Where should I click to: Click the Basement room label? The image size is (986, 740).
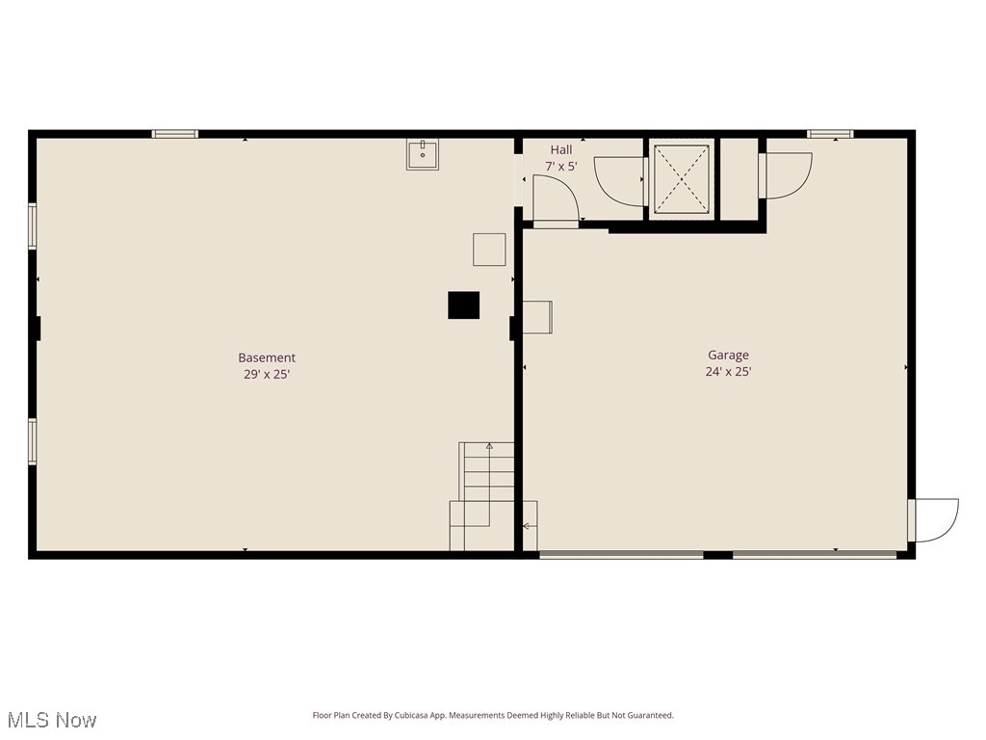click(267, 357)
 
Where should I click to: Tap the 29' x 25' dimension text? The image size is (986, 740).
click(267, 374)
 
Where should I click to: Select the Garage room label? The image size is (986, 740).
click(728, 355)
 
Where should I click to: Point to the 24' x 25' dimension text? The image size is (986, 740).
click(728, 371)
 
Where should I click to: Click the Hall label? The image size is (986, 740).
click(561, 149)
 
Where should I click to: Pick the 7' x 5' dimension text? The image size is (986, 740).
click(561, 166)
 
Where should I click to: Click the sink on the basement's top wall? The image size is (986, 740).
click(422, 154)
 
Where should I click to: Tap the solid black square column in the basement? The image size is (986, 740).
click(463, 304)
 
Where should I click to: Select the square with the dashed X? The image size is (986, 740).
click(682, 179)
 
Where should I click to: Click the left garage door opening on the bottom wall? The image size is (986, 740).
click(621, 554)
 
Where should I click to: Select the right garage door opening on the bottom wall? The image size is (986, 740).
click(815, 554)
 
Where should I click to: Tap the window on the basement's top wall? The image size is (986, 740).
click(175, 134)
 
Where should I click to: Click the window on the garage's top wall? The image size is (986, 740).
click(830, 134)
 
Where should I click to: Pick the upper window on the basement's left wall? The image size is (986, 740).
click(33, 226)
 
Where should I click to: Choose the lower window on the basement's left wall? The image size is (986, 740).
click(33, 441)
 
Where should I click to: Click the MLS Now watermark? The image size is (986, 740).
click(51, 720)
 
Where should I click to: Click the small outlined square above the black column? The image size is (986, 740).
click(489, 250)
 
